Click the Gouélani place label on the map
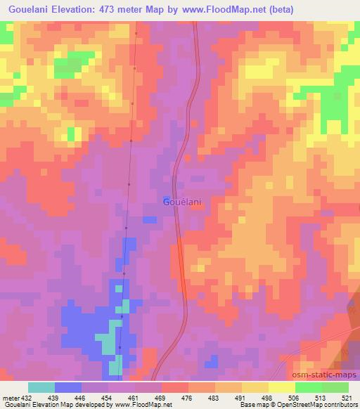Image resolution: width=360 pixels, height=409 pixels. point(182,202)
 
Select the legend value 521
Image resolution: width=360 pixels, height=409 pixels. point(348,398)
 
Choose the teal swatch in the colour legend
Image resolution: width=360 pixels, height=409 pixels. point(41,387)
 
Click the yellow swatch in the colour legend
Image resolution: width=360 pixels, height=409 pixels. point(282,387)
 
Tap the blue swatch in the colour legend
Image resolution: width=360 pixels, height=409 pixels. point(68,387)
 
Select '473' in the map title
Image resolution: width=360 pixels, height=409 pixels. point(111,10)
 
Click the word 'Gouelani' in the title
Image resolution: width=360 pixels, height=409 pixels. point(27,10)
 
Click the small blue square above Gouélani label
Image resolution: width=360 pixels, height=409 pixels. point(166,198)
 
